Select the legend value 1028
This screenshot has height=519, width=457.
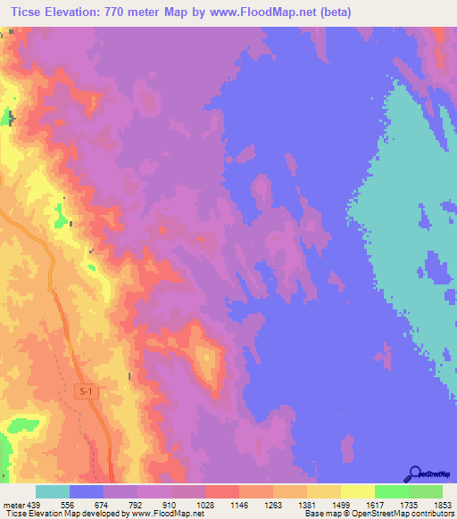[x=204, y=504]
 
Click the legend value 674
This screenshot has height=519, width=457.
[x=103, y=504]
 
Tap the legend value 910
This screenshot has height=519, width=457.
[x=170, y=504]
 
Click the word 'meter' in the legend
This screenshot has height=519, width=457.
[x=13, y=504]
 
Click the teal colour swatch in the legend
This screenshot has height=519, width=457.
[x=52, y=491]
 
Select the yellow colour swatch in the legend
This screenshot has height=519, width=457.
[x=357, y=491]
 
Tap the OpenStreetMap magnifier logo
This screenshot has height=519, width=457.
[x=413, y=474]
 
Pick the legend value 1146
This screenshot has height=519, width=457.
[x=238, y=504]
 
